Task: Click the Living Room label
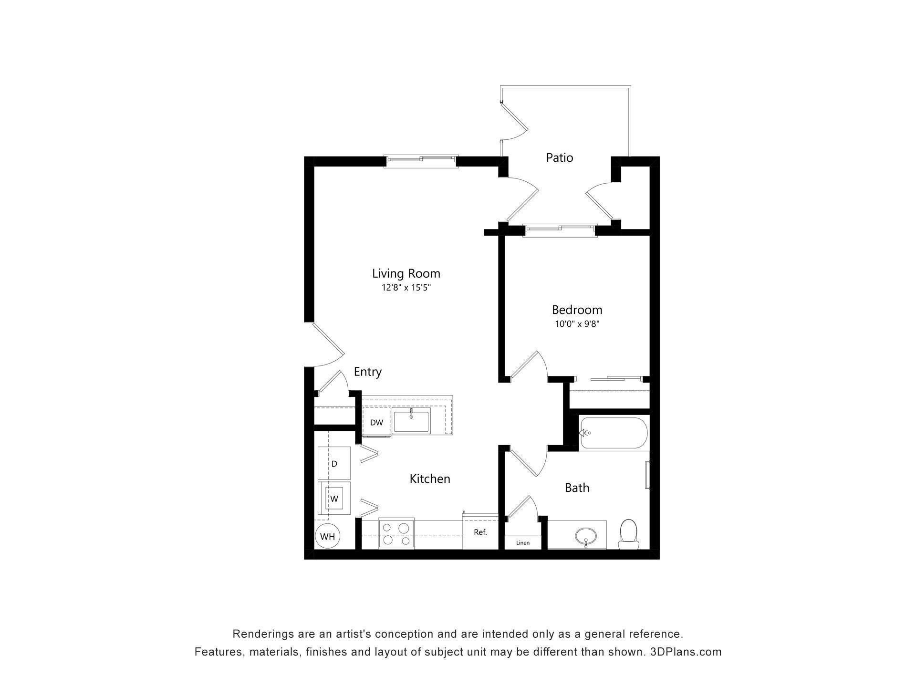pos(406,273)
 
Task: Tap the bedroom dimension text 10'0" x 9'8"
pos(577,324)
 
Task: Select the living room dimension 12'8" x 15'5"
pos(406,288)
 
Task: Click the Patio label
pos(559,157)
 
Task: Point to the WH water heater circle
pos(327,536)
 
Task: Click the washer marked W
pos(334,499)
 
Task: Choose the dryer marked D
pos(334,463)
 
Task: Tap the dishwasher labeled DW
pos(376,423)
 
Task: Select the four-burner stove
pos(396,533)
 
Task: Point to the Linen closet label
pos(522,543)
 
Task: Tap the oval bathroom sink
pos(585,536)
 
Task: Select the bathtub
pos(614,433)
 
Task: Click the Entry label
pos(367,372)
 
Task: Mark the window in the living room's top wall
pos(421,161)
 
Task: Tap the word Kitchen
pos(429,479)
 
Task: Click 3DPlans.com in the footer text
pos(686,652)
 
